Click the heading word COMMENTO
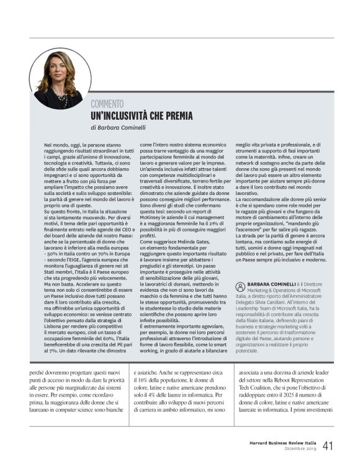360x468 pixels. click(107, 104)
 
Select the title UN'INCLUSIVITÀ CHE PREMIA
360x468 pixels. click(142, 115)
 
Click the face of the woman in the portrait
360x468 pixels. click(58, 68)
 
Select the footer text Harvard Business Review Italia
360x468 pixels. click(279, 443)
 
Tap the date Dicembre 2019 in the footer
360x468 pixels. click(300, 449)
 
